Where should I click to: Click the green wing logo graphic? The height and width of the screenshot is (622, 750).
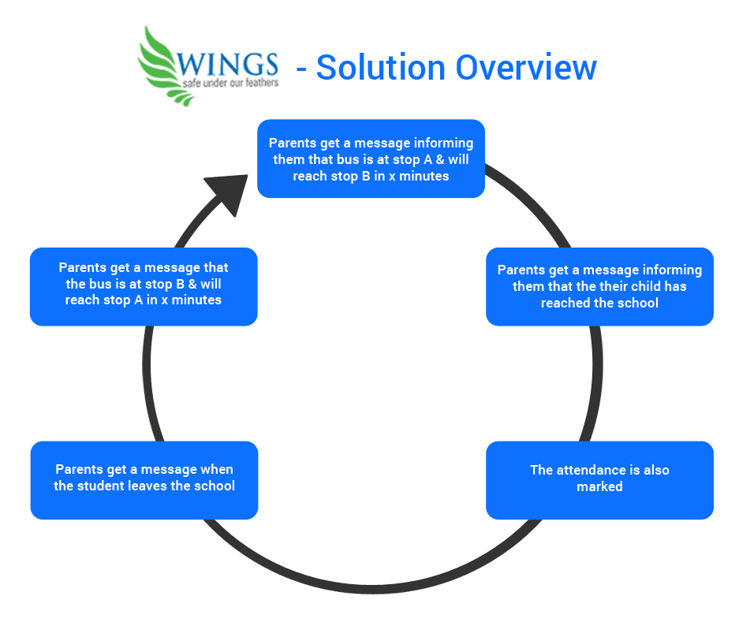click(x=162, y=67)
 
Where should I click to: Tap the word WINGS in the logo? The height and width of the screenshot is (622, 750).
click(x=227, y=64)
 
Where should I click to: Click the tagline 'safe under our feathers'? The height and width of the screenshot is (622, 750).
click(x=230, y=84)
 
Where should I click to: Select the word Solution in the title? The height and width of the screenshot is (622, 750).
click(x=381, y=68)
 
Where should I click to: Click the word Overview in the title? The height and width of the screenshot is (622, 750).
click(x=526, y=68)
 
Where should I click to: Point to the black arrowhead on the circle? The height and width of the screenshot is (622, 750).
click(x=229, y=192)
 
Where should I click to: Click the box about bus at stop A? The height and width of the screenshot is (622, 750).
click(x=371, y=158)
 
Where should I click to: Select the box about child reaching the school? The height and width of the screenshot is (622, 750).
click(x=600, y=287)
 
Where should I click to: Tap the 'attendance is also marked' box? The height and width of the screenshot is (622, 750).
click(x=600, y=480)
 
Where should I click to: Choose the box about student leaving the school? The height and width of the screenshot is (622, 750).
click(x=144, y=480)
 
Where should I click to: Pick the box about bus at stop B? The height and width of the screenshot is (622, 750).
click(x=144, y=287)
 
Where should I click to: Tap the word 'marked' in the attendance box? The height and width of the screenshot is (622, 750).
click(x=600, y=486)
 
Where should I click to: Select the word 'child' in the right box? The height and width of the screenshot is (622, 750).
click(x=644, y=286)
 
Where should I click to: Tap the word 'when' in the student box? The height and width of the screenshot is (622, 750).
click(x=218, y=470)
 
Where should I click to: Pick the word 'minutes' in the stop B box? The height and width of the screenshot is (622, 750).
click(x=196, y=300)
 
